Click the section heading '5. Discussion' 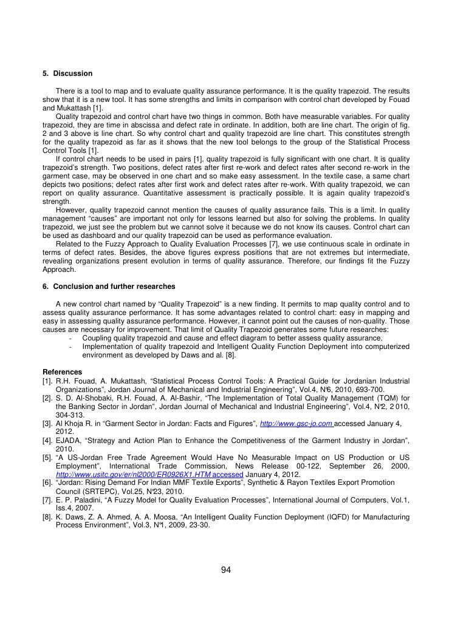click(67, 73)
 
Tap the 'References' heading click(62, 372)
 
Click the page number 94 click(226, 569)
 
